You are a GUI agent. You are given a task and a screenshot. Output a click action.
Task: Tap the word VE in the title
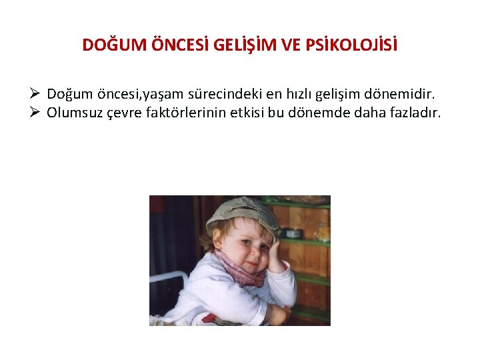tap(291, 45)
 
